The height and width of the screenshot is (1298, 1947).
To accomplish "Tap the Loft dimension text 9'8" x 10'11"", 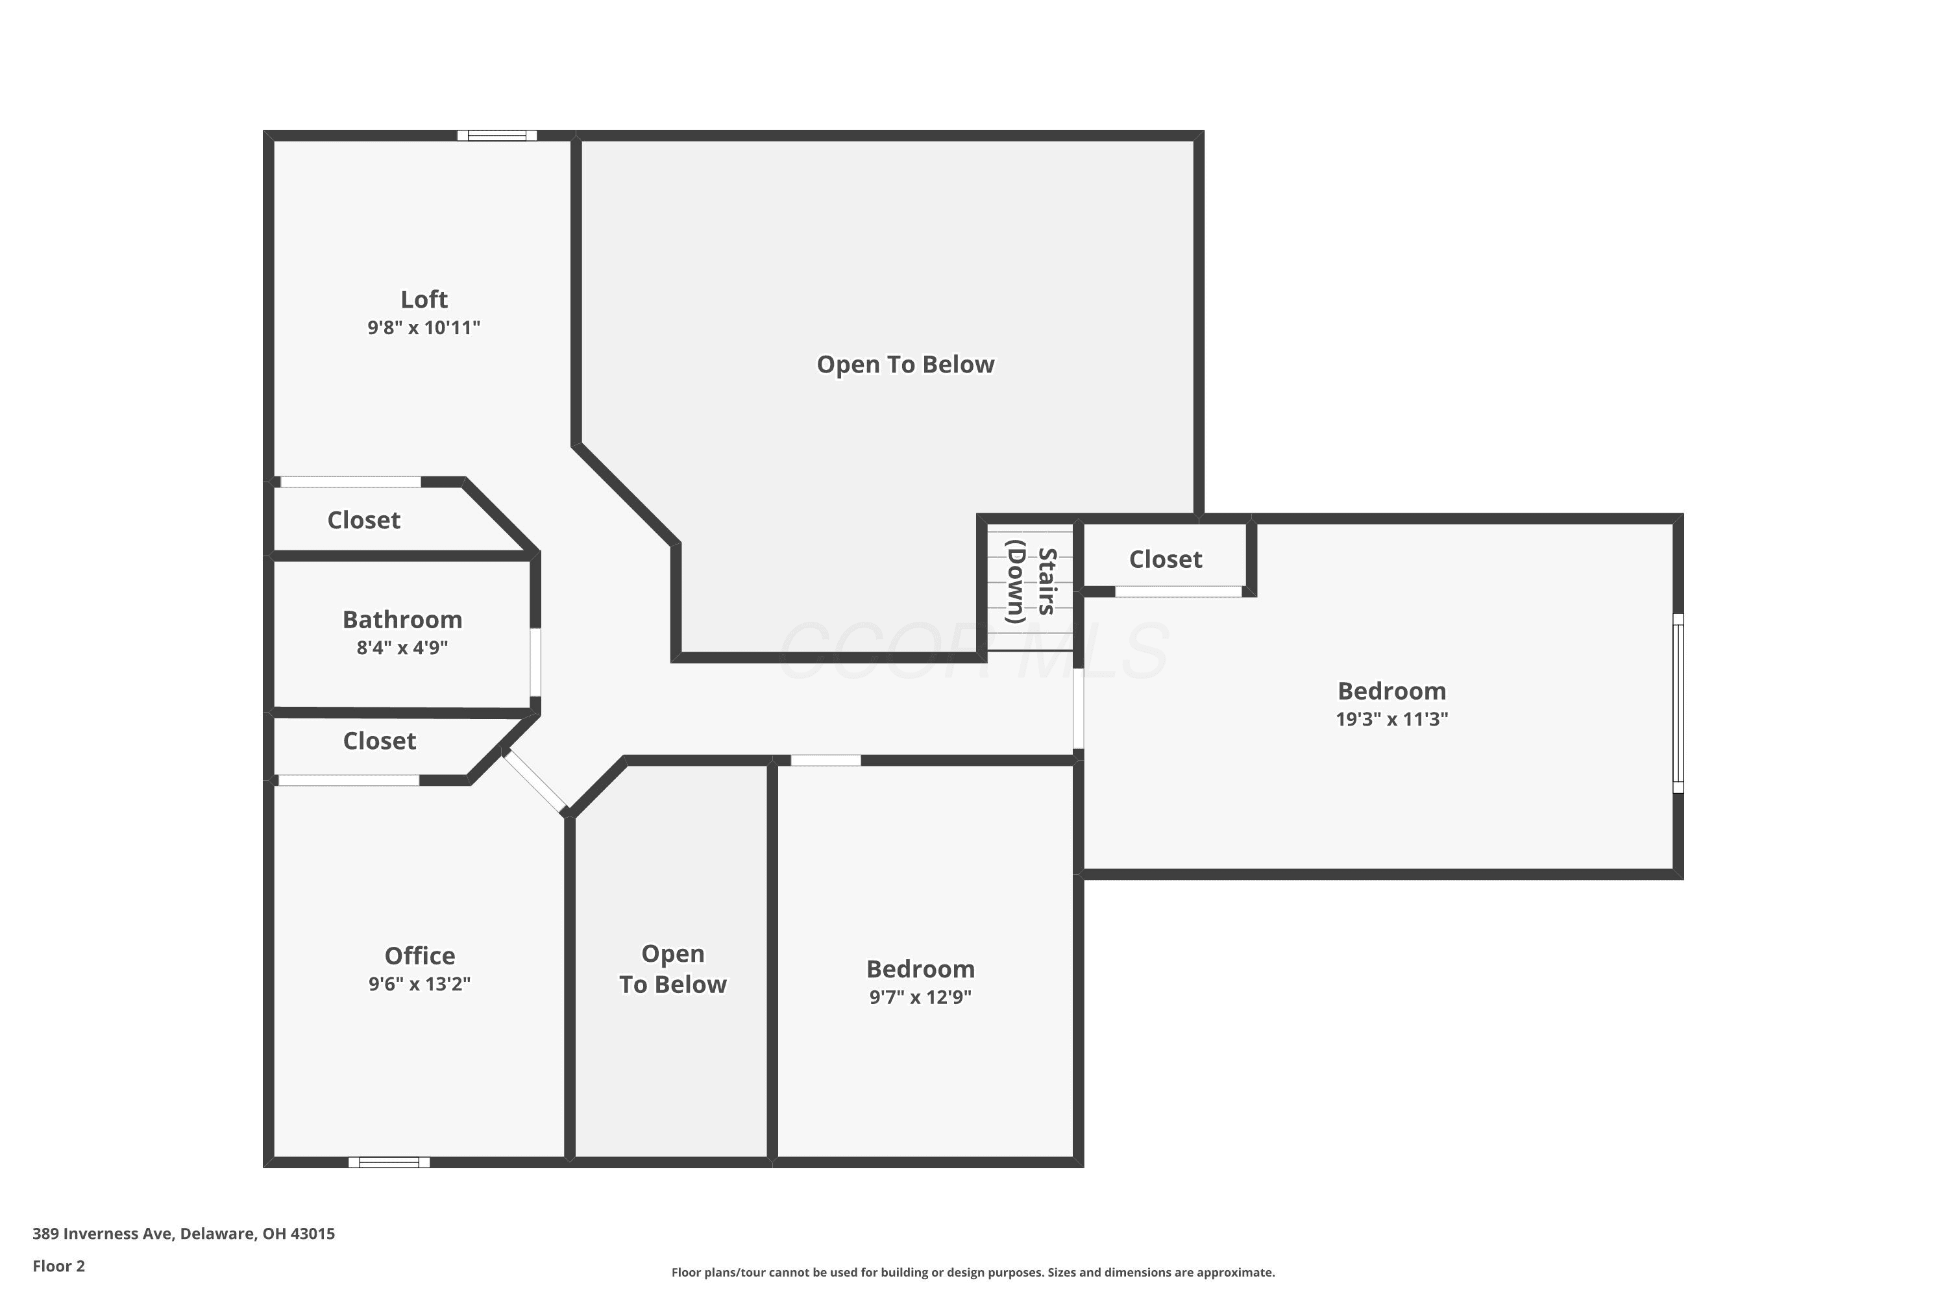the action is [424, 328].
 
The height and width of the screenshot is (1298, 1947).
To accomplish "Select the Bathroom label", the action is [402, 619].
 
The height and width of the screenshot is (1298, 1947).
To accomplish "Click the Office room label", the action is [420, 955].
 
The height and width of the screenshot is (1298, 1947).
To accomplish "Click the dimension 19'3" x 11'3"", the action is [1392, 718].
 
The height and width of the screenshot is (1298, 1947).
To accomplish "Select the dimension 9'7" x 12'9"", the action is [920, 997].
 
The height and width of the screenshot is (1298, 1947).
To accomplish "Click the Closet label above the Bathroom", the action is [363, 520].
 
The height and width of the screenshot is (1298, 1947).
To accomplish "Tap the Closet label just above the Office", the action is [379, 741].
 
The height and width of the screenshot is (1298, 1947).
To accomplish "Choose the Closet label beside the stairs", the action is [1166, 559].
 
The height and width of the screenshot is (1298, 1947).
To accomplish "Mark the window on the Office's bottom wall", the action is [389, 1162].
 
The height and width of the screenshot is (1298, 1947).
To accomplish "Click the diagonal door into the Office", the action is [535, 781].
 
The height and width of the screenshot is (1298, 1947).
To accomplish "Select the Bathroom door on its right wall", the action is [535, 662].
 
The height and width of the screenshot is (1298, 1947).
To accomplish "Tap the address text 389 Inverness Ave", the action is [103, 1234].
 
